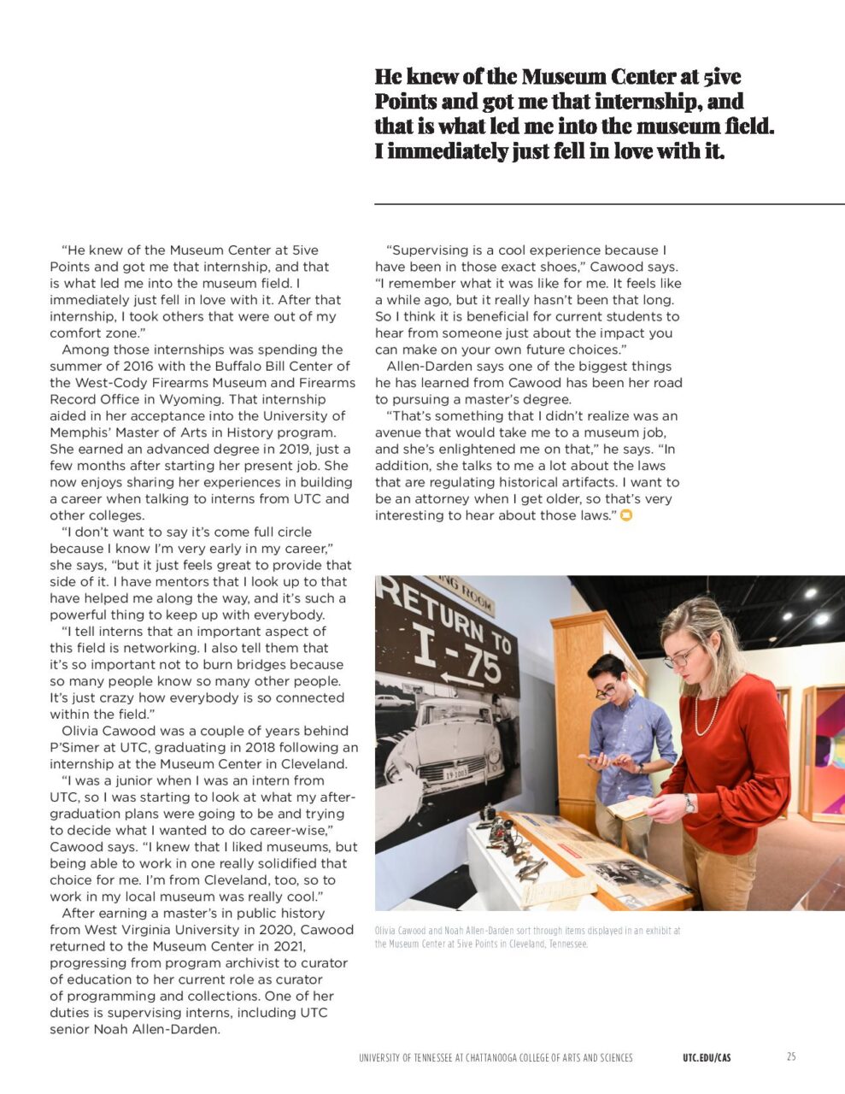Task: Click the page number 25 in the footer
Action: pos(790,1057)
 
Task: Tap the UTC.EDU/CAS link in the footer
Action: pos(707,1058)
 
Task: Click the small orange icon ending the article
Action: pos(626,515)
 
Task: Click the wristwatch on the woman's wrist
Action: pos(689,803)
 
